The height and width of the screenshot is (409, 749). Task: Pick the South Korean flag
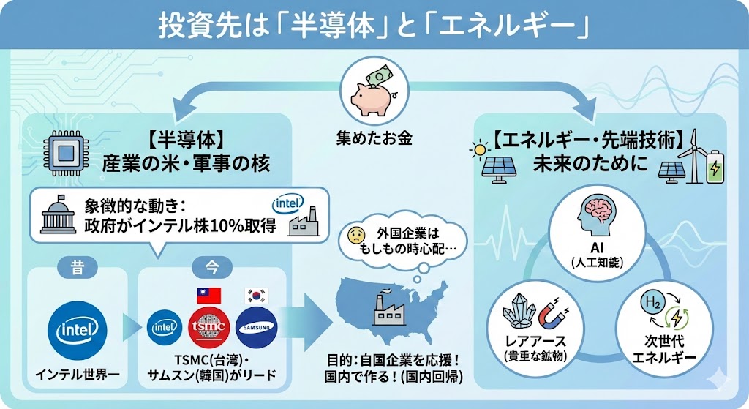point(256,296)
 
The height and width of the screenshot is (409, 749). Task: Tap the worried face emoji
point(356,235)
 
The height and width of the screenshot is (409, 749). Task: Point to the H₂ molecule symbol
point(649,303)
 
